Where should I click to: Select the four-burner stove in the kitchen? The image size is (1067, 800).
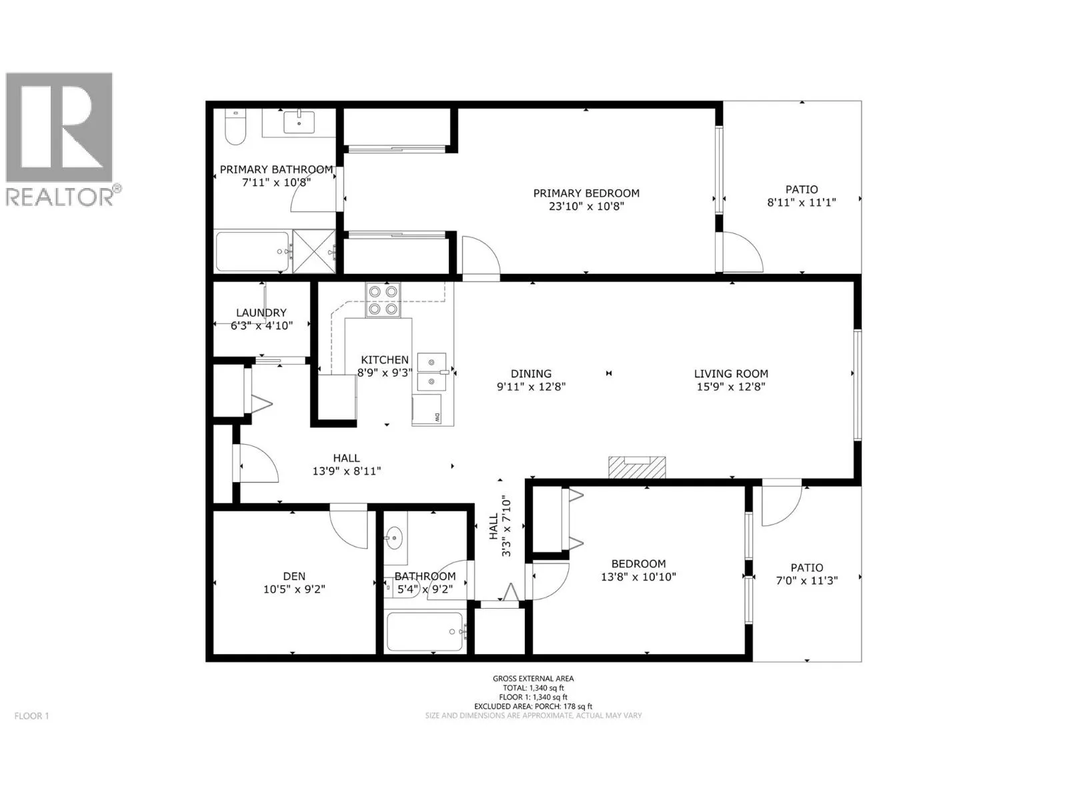[x=383, y=300]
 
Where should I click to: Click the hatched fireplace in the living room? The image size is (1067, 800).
[x=637, y=467]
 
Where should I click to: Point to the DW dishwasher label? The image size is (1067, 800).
[x=437, y=417]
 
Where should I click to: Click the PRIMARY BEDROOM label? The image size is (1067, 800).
[x=586, y=193]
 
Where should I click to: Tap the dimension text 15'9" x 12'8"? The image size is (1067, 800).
[x=731, y=387]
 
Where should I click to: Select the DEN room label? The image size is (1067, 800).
[x=294, y=576]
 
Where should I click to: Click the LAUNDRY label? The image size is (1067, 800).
[x=261, y=313]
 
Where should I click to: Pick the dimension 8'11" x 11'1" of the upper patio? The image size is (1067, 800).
[x=802, y=203]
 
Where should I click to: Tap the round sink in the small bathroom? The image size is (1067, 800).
[x=393, y=537]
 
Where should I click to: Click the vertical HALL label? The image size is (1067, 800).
[x=494, y=527]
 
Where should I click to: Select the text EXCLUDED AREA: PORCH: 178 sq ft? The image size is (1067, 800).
[x=533, y=706]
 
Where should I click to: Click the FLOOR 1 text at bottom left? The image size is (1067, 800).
[x=31, y=716]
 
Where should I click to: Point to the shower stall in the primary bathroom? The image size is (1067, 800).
[x=314, y=251]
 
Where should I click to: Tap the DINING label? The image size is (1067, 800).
[x=531, y=373]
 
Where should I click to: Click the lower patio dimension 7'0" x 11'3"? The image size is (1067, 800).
[x=807, y=581]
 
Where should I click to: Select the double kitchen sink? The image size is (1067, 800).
[x=431, y=373]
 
